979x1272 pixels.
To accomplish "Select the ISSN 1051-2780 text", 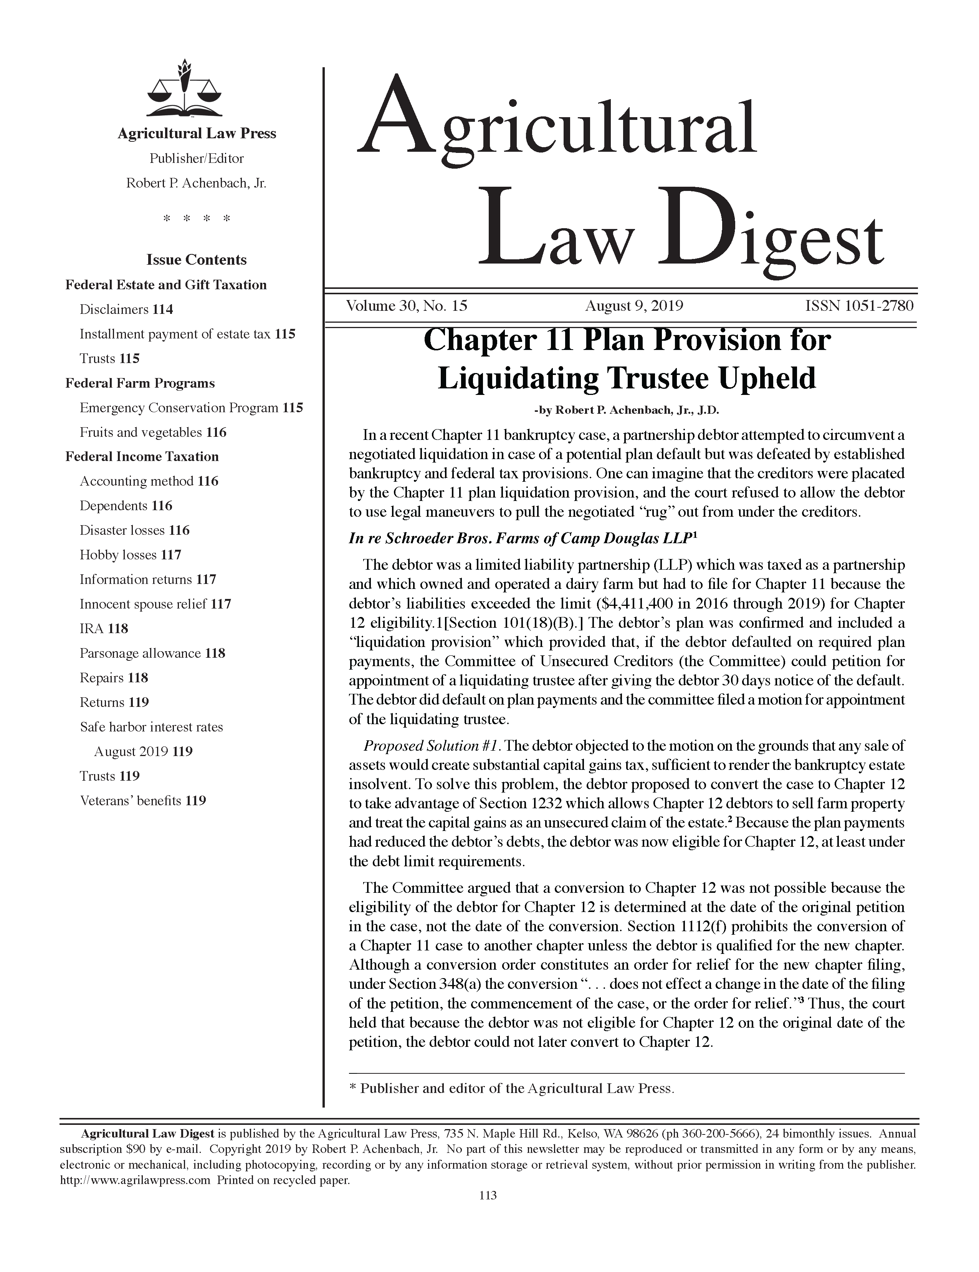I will click(858, 306).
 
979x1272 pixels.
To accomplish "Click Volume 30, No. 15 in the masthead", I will click(406, 306).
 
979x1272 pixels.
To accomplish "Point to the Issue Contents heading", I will click(196, 260).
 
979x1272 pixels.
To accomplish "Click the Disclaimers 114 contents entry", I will click(126, 309).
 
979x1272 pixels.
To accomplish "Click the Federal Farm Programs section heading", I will click(140, 383).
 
